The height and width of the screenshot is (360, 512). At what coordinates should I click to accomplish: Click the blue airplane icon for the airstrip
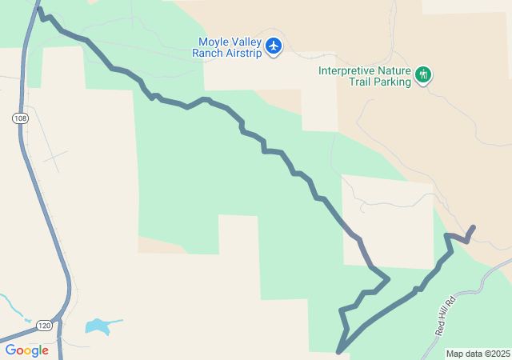tap(274, 46)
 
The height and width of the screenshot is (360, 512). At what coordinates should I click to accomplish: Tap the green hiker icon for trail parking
tap(423, 75)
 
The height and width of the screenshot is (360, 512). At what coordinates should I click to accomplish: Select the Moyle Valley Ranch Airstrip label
tap(226, 47)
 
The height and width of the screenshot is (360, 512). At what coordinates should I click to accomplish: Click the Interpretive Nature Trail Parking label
tap(365, 75)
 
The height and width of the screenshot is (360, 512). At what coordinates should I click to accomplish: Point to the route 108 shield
tap(19, 118)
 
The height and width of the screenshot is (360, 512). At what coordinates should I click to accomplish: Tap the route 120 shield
tap(44, 325)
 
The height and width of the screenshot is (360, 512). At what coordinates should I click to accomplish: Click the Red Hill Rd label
tap(445, 315)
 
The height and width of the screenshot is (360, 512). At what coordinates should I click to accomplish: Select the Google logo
tap(26, 350)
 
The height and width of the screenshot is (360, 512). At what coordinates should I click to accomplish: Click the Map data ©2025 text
tap(478, 354)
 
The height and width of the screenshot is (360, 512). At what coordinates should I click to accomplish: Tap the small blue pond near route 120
tap(98, 326)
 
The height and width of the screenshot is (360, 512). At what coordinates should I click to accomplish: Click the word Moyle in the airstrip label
tap(213, 42)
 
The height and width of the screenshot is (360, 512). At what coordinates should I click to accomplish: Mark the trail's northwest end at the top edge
tap(39, 10)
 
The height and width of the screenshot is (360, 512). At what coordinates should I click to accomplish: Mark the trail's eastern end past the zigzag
tap(474, 227)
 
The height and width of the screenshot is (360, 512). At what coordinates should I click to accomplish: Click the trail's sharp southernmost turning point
tap(339, 351)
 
